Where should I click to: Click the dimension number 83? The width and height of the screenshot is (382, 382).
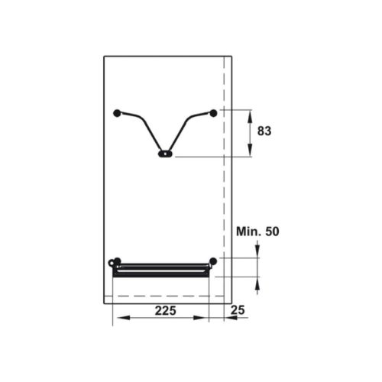[x=264, y=131]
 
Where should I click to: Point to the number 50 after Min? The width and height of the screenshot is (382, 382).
[x=272, y=231]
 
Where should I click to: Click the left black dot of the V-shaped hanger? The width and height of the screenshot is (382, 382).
[x=117, y=113]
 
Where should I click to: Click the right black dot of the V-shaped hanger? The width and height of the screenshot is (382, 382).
[x=213, y=113]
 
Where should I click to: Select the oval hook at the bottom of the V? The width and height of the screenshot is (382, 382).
[x=165, y=154]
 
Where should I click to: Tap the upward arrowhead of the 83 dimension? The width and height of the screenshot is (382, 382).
[x=251, y=115]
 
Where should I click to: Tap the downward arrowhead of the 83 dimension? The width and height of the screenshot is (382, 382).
[x=251, y=153]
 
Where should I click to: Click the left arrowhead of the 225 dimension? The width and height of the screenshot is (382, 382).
[x=117, y=319]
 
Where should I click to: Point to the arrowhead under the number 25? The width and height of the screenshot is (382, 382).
[x=228, y=319]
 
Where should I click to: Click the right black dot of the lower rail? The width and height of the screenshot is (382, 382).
[x=213, y=261]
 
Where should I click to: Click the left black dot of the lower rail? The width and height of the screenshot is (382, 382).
[x=116, y=261]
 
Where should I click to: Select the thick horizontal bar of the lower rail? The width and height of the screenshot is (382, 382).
[x=161, y=269]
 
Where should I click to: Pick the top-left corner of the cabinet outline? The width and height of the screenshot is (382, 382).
[x=104, y=56]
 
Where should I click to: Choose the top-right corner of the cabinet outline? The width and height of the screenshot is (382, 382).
[x=231, y=56]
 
